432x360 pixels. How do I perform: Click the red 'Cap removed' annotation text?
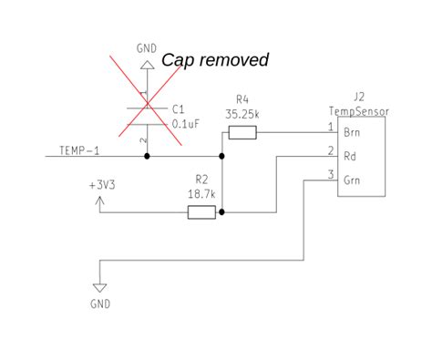pos(215,60)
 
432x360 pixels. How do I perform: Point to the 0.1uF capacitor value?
pos(187,123)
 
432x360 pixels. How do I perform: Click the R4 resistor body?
pos(242,133)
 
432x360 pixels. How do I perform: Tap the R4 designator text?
pos(242,99)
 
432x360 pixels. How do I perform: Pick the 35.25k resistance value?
pos(242,114)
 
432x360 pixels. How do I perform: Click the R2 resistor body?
pos(201,212)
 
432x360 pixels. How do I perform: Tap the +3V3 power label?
pos(102,183)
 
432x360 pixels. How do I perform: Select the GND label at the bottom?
pos(100,302)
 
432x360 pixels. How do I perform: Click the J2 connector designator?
pos(358,95)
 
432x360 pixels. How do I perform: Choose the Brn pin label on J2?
pos(353,133)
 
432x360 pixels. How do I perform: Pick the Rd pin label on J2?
pos(350,156)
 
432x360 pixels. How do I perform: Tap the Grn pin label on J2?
pos(353,180)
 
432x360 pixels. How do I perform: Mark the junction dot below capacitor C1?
pos(146,157)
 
